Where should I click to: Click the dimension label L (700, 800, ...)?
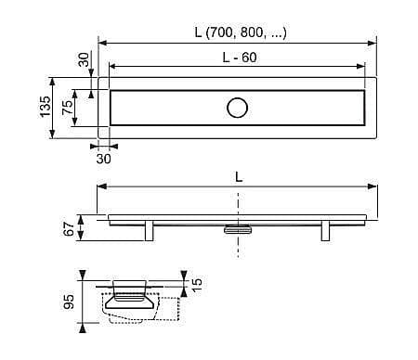pyautogui.click(x=241, y=32)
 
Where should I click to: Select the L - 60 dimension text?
pyautogui.click(x=240, y=58)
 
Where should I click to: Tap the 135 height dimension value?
pyautogui.click(x=46, y=107)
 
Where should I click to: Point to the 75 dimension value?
pyautogui.click(x=68, y=108)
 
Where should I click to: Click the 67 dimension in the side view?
pyautogui.click(x=69, y=228)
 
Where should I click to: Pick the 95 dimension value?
pyautogui.click(x=69, y=302)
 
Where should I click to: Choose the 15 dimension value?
pyautogui.click(x=196, y=284)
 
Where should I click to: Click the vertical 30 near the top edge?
pyautogui.click(x=84, y=59)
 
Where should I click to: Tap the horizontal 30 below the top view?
pyautogui.click(x=103, y=159)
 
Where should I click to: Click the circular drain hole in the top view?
pyautogui.click(x=237, y=108)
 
